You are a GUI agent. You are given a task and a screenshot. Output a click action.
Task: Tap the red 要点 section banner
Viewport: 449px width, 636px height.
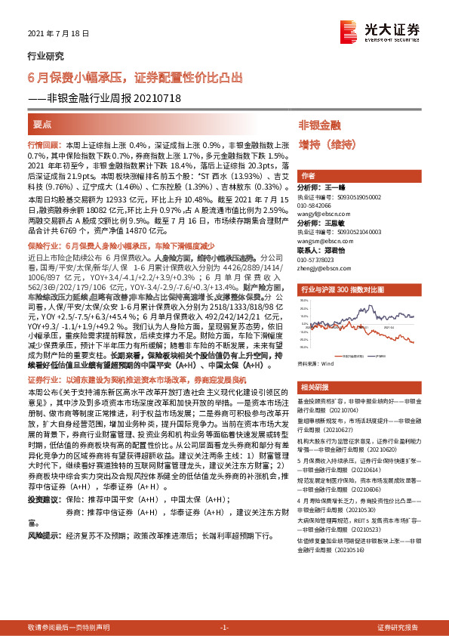[44, 123]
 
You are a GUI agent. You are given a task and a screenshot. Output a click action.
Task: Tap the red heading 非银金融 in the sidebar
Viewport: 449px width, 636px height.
[319, 124]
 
